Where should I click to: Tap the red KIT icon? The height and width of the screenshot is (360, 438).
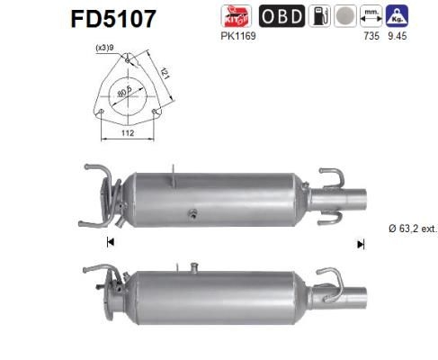pos(237,15)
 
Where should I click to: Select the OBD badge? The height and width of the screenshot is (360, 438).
pos(281,15)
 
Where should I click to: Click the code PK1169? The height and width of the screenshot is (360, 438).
pos(236,37)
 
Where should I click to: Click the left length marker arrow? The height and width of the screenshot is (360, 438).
pos(110,241)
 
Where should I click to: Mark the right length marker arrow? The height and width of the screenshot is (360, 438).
pos(360,243)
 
